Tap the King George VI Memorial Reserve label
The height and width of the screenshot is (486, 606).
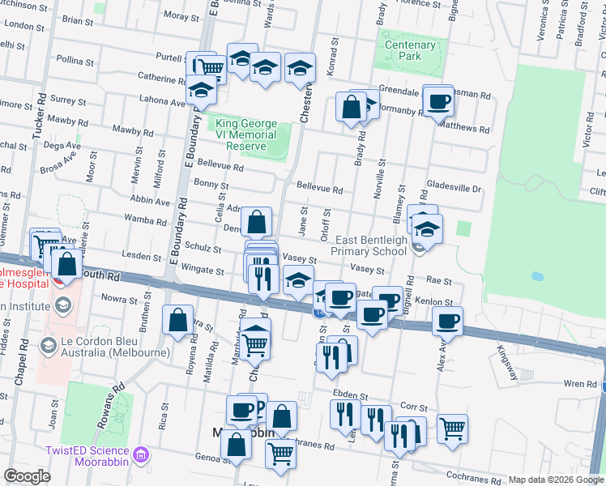245,134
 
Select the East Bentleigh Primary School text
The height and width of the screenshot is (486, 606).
371,245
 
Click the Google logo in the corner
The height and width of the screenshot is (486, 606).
27,476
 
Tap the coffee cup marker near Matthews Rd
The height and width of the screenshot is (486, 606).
439,101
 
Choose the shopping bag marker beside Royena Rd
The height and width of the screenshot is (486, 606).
177,319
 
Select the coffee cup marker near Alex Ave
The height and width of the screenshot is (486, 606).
446,321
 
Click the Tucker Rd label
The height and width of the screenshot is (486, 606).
37,122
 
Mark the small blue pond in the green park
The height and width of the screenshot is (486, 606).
536,276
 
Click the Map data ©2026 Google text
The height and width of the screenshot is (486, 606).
556,480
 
